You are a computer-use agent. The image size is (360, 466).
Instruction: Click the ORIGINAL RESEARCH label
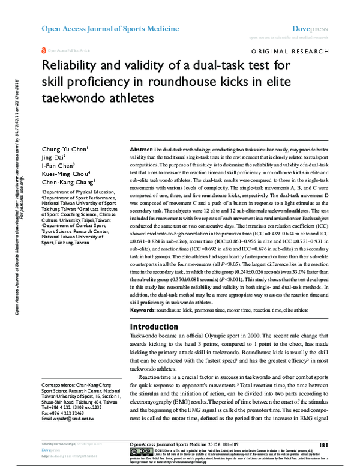pyautogui.click(x=292, y=53)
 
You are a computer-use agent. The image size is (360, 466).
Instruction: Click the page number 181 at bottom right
pyautogui.click(x=323, y=445)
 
